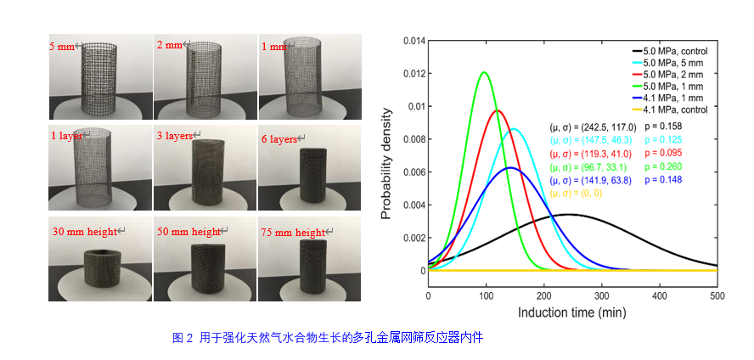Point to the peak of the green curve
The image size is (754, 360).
point(484,72)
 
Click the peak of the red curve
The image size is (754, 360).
point(498,110)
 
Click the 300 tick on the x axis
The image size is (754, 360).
point(602,296)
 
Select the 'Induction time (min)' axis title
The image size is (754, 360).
point(572,313)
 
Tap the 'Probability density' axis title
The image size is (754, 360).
point(386,164)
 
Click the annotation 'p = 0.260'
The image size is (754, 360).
point(662,166)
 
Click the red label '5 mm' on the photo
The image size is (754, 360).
point(63,47)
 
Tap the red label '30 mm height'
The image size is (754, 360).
point(85,232)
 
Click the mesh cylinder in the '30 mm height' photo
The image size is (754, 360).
point(100,267)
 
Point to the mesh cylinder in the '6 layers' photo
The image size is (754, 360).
point(312,176)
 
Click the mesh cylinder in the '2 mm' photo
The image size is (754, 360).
point(204,78)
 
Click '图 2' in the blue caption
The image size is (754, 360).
point(183,338)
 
